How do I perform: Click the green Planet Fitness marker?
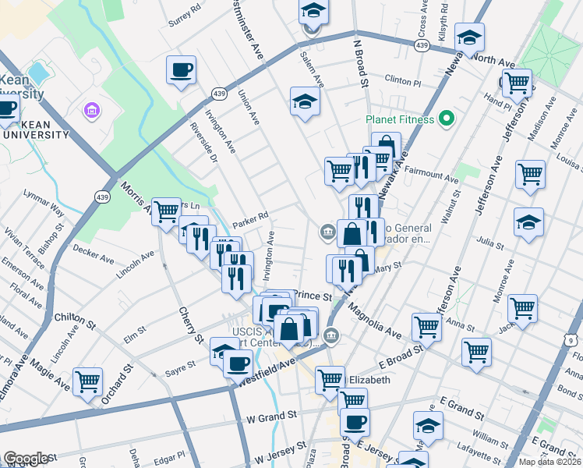tap(446, 119)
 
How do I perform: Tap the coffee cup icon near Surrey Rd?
tap(181, 70)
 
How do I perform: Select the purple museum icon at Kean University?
tap(92, 111)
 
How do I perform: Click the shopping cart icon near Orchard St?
tap(87, 381)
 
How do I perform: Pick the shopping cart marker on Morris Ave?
tap(166, 211)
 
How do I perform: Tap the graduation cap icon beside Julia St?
tap(528, 222)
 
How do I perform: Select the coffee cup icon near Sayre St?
tap(238, 363)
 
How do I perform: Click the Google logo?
tap(26, 459)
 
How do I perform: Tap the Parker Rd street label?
tap(249, 216)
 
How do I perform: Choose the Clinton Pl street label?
tap(404, 80)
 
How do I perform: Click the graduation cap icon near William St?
tap(428, 426)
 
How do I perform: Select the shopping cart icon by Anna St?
tap(427, 327)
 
